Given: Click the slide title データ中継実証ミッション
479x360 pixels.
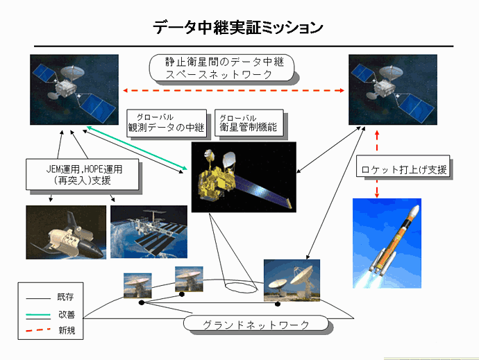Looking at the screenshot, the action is (x=237, y=28).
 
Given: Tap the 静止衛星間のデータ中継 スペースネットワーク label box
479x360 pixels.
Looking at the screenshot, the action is (x=221, y=68).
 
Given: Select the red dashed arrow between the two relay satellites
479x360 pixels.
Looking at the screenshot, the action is (x=234, y=90).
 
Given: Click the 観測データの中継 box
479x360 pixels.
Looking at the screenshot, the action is (x=167, y=123).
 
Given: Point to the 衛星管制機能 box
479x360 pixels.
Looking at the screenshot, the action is (x=249, y=123).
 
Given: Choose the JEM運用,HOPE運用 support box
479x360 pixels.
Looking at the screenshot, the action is (x=83, y=174).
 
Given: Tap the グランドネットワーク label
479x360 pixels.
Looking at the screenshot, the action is (x=256, y=324).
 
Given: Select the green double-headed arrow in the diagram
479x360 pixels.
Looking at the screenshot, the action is (x=137, y=148).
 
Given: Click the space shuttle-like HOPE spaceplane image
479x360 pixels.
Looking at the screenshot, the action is (x=66, y=232).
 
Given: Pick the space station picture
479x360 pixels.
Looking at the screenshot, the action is (x=149, y=232).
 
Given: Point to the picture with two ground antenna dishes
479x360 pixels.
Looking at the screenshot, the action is (x=292, y=280).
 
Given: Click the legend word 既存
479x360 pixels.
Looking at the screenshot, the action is (x=65, y=297).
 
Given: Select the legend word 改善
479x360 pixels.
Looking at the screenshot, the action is (x=67, y=314).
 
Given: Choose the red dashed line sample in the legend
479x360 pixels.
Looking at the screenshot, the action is (x=38, y=330).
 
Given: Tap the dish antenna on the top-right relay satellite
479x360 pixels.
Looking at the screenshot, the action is (x=391, y=72).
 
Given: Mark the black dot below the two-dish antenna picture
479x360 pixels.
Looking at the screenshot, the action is (x=278, y=304).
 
